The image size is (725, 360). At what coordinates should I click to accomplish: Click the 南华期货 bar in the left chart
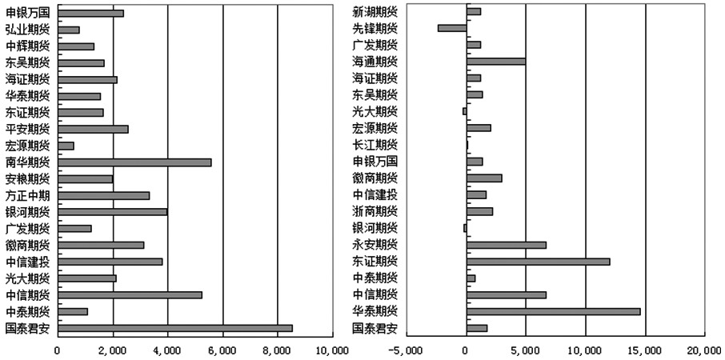click(134, 162)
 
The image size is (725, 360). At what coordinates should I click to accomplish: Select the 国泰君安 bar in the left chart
click(175, 328)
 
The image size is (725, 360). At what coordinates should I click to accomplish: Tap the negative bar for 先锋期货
click(452, 28)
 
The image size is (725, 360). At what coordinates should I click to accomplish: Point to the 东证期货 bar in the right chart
click(538, 262)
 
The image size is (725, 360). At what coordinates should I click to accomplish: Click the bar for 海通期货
click(496, 61)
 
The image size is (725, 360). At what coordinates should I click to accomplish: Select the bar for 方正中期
click(104, 195)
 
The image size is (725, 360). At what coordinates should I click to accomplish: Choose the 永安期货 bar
click(507, 245)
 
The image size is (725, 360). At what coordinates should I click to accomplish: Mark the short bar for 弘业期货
click(69, 30)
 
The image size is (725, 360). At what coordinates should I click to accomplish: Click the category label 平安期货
click(27, 129)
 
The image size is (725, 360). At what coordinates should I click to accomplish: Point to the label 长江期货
click(372, 145)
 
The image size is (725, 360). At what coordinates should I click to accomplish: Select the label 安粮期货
click(27, 178)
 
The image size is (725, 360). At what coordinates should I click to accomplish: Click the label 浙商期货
click(372, 211)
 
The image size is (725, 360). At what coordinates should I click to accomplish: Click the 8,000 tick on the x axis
click(277, 350)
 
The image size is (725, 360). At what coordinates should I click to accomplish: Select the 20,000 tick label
click(705, 350)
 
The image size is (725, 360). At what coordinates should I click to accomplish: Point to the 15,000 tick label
click(645, 350)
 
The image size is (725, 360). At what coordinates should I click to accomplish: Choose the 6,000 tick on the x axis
click(222, 350)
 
